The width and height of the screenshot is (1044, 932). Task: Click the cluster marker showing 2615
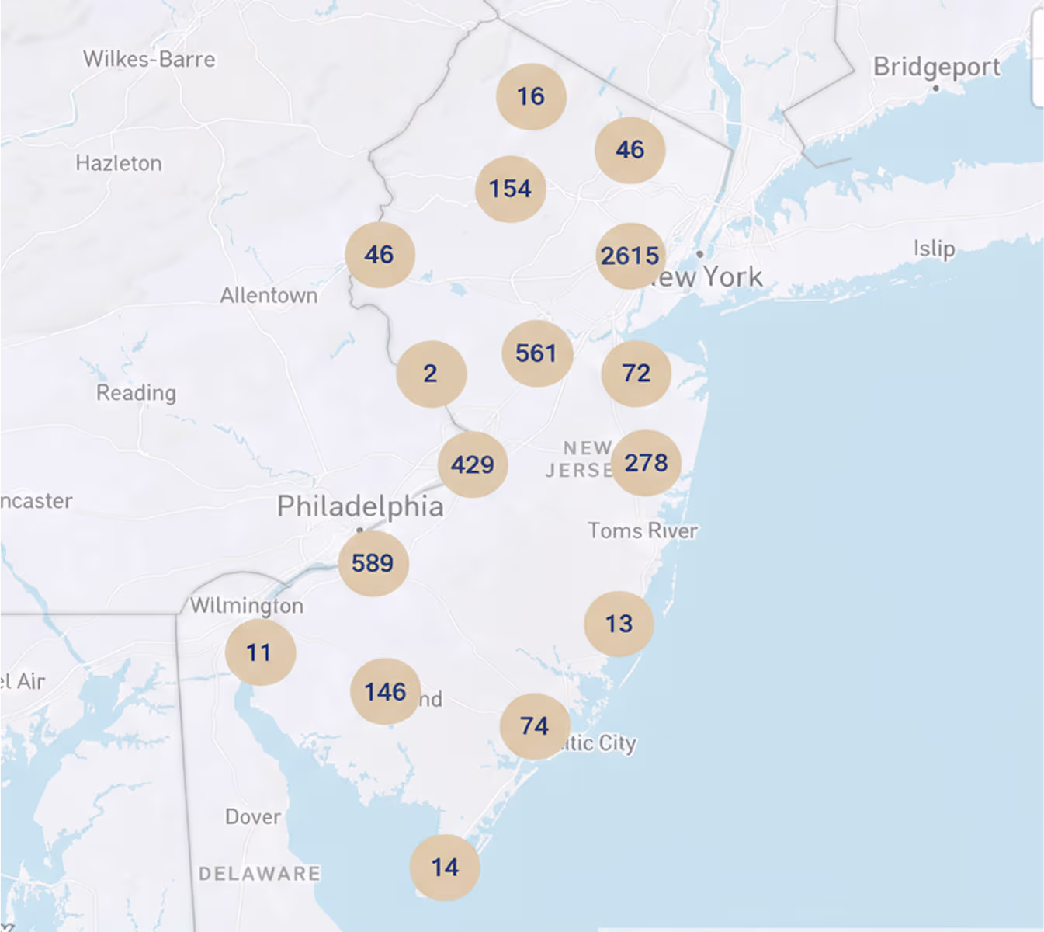630,256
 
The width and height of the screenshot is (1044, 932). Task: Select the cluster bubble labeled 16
531,96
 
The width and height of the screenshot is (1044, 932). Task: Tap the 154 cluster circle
510,189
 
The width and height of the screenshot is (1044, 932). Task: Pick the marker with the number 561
536,353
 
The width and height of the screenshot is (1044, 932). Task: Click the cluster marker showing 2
431,374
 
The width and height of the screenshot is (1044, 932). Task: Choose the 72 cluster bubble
636,374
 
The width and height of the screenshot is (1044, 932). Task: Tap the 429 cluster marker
473,464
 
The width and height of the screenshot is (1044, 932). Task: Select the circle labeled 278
646,463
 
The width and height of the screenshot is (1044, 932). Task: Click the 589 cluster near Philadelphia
373,563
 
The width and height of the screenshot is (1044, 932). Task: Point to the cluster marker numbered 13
619,624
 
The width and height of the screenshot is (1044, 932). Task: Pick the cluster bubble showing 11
259,652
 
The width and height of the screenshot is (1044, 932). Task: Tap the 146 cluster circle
385,691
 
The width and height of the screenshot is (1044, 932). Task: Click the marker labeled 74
534,726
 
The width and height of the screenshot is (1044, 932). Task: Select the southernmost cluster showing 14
445,868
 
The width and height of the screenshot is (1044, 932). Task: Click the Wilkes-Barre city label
149,59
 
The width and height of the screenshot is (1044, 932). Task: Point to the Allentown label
269,296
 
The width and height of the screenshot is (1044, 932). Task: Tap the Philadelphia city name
360,506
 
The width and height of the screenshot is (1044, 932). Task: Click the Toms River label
643,530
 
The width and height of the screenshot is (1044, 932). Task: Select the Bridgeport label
936,68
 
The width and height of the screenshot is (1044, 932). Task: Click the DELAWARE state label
259,874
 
